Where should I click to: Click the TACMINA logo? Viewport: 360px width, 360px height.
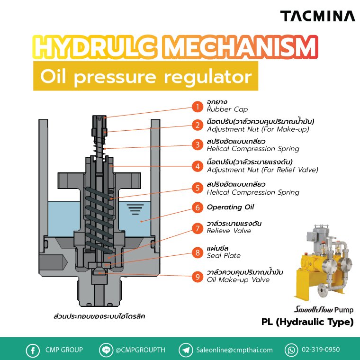[317, 16]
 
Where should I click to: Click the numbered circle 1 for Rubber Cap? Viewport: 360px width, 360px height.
[198, 107]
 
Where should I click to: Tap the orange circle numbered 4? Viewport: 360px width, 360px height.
[198, 166]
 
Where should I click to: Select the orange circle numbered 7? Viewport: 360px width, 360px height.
[198, 228]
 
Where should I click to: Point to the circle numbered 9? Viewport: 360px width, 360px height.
[198, 277]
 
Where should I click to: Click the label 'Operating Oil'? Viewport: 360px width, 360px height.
[230, 207]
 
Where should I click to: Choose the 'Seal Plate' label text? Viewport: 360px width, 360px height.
[224, 255]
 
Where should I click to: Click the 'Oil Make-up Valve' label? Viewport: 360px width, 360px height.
[238, 279]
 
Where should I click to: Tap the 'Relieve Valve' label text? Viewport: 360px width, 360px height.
[229, 231]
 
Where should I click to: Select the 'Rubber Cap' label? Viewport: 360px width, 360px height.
[227, 109]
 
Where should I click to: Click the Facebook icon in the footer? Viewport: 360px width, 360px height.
[33, 351]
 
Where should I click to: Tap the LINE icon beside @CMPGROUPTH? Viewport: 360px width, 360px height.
[106, 350]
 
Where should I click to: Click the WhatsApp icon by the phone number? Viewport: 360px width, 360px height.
[291, 351]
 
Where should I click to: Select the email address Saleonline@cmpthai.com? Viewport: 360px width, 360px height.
[234, 350]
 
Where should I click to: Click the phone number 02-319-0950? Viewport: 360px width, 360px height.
[321, 350]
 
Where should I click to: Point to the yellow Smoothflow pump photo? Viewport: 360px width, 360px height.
[323, 262]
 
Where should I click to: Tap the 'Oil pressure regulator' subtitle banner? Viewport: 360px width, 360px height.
[146, 76]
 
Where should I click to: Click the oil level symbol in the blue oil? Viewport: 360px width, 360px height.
[135, 209]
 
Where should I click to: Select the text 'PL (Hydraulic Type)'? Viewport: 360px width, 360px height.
[307, 322]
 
